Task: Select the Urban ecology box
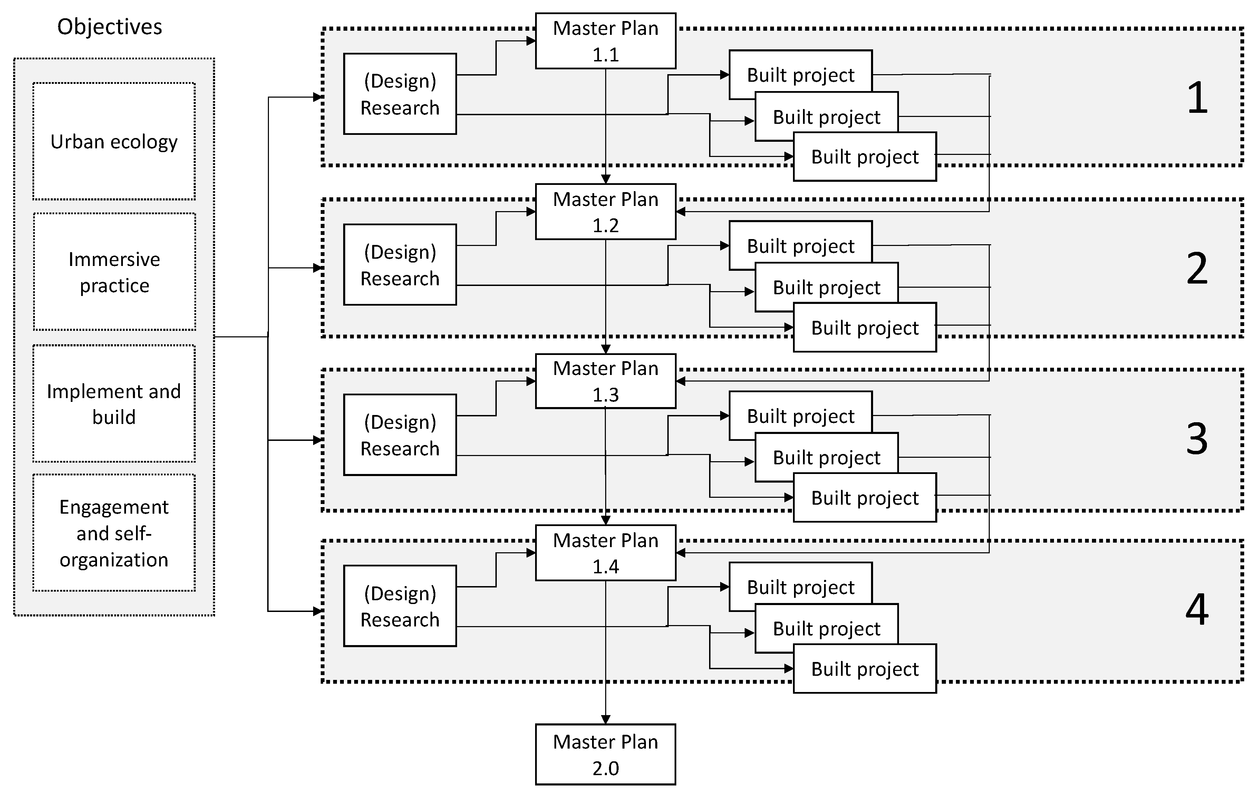coord(114,141)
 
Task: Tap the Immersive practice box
coord(114,272)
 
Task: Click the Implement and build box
coord(114,404)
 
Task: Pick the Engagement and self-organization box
coord(114,533)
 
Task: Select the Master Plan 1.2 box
coord(606,212)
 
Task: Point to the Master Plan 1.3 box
coord(606,381)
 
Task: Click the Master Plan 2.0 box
coord(606,754)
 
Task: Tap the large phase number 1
coord(1197,98)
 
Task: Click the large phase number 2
coord(1197,268)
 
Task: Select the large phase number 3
coord(1197,438)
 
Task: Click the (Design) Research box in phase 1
coord(400,94)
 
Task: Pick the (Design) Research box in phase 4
coord(400,606)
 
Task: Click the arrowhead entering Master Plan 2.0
coord(606,720)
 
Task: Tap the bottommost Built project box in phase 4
coord(864,669)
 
